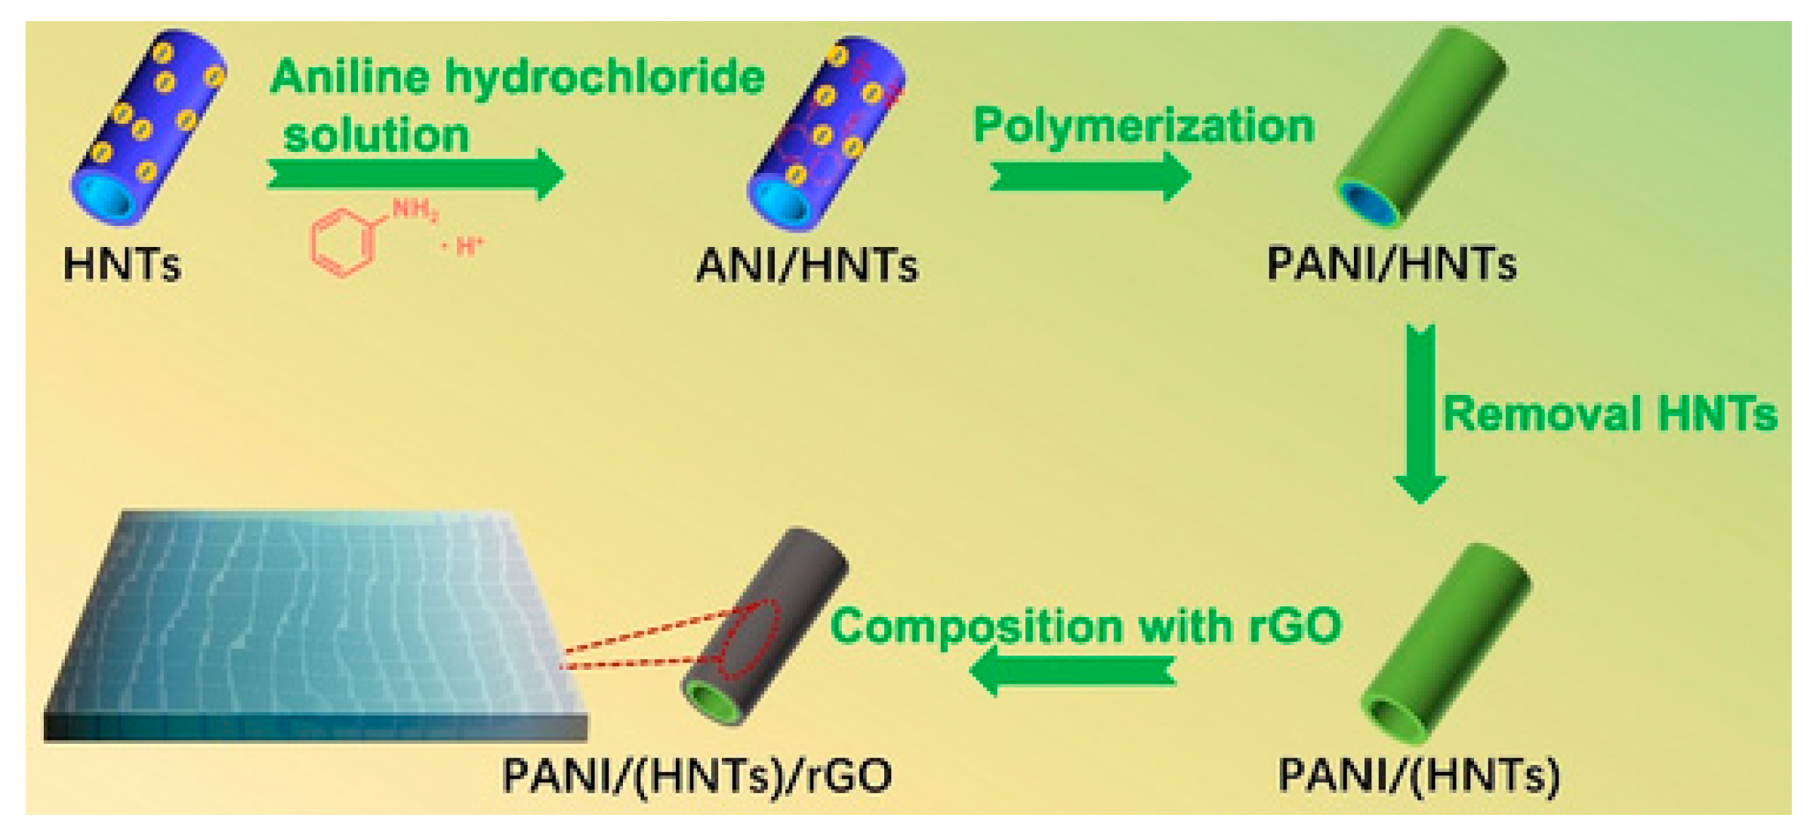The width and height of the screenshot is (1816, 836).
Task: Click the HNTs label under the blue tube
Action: pyautogui.click(x=122, y=265)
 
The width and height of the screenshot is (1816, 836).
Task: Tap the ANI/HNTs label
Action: pyautogui.click(x=806, y=267)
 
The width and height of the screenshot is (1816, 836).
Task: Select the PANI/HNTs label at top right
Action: pyautogui.click(x=1391, y=264)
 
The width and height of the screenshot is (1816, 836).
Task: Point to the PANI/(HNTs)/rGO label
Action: pyautogui.click(x=696, y=776)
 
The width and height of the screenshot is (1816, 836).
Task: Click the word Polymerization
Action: pyautogui.click(x=1144, y=125)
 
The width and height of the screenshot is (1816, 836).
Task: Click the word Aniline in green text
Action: pyautogui.click(x=349, y=77)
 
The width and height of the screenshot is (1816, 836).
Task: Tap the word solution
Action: pyautogui.click(x=376, y=135)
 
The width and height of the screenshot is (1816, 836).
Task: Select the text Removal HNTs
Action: pyautogui.click(x=1610, y=415)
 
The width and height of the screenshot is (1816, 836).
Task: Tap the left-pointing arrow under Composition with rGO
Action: pyautogui.click(x=1072, y=671)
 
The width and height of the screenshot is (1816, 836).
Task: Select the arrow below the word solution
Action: pyautogui.click(x=415, y=174)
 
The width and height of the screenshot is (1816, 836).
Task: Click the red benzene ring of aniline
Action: pyautogui.click(x=342, y=242)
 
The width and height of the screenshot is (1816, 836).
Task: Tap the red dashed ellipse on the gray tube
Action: pyautogui.click(x=748, y=639)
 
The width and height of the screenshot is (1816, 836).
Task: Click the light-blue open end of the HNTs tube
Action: pyautogui.click(x=102, y=198)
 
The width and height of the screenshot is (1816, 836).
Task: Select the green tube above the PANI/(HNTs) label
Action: pyautogui.click(x=1446, y=642)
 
